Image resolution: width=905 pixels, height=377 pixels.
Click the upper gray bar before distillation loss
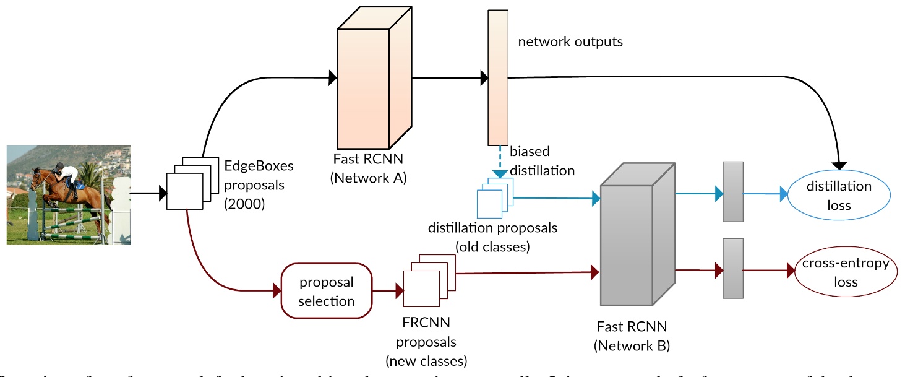[732, 192]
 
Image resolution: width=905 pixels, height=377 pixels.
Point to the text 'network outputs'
[570, 42]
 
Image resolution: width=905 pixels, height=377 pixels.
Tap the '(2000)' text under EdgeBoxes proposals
[244, 202]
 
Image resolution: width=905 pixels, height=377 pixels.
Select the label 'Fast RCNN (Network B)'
[632, 336]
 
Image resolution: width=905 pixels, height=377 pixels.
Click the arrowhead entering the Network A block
[332, 77]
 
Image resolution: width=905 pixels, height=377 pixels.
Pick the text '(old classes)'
[492, 246]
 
